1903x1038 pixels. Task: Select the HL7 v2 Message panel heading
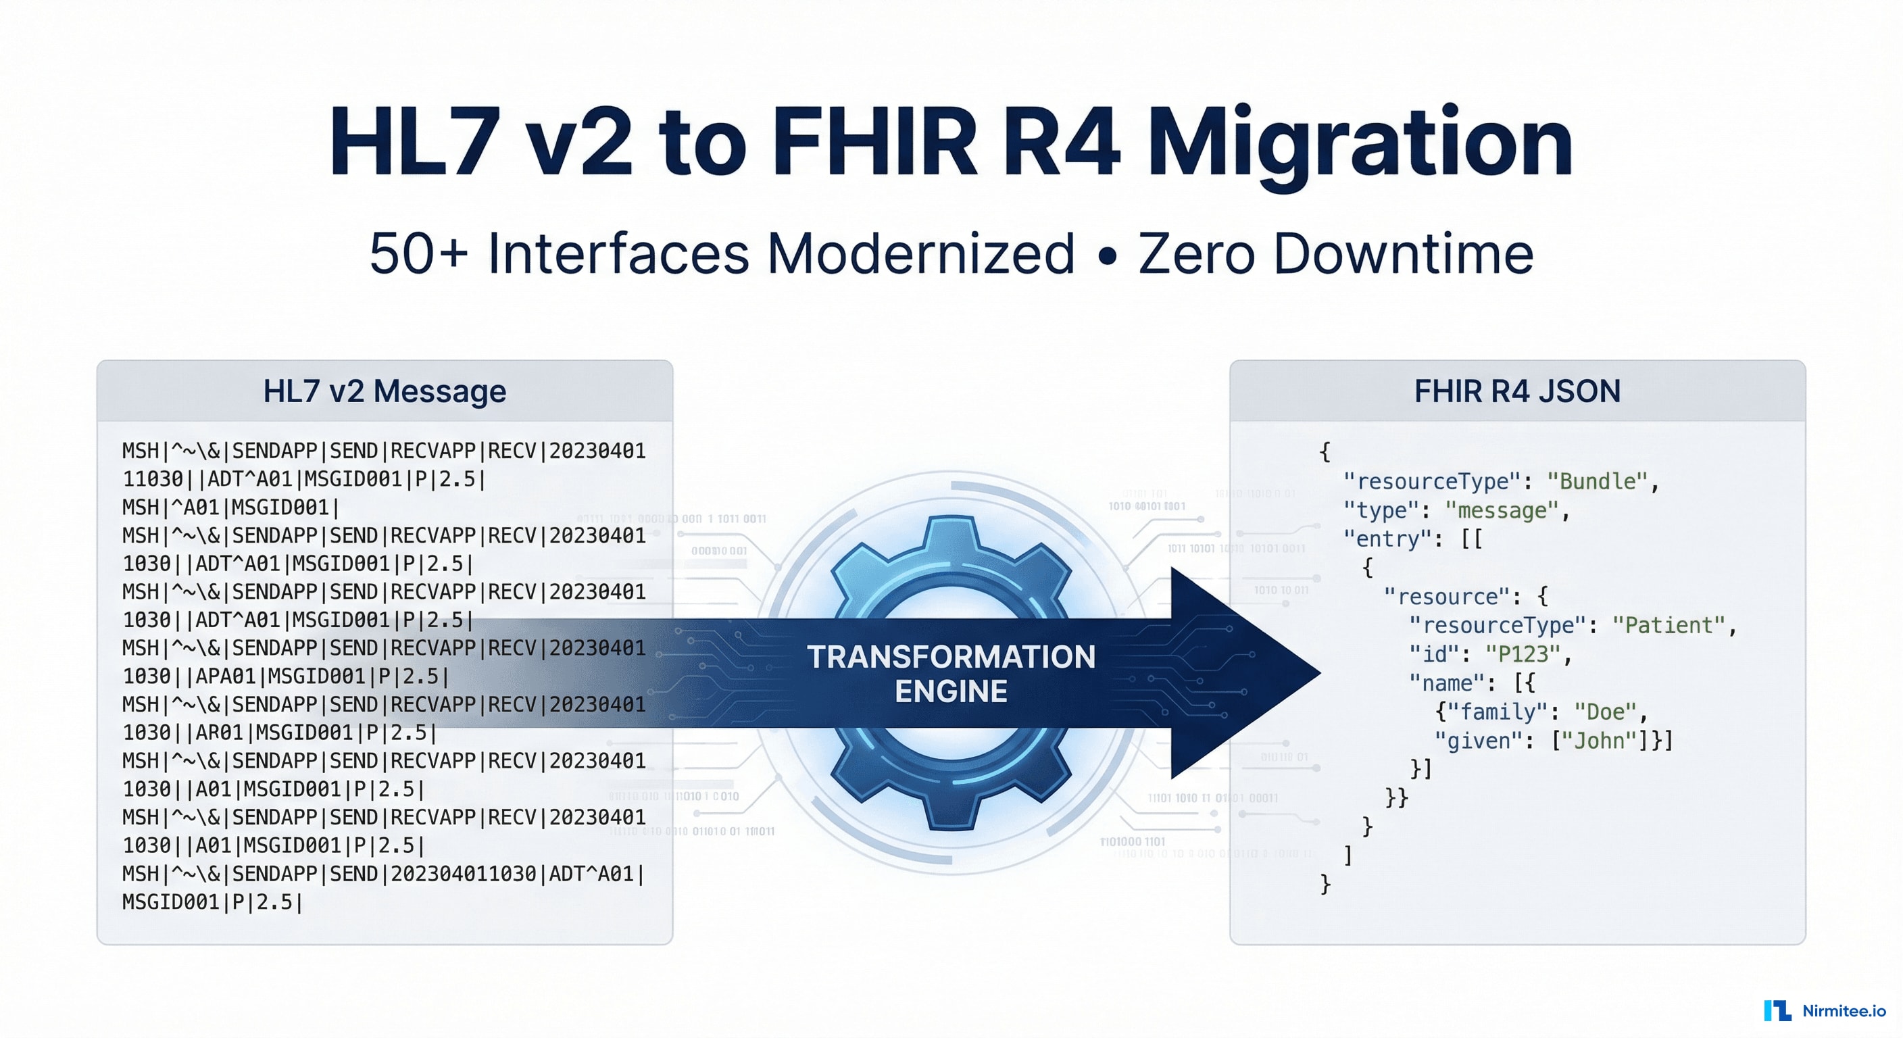pos(384,391)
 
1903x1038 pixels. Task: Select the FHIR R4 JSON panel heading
pos(1516,391)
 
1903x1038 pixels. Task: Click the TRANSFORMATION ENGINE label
pos(951,673)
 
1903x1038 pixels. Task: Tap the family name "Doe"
pos(1604,712)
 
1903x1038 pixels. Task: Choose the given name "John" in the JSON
pos(1600,740)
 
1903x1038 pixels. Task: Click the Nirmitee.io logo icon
pos(1777,1010)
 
